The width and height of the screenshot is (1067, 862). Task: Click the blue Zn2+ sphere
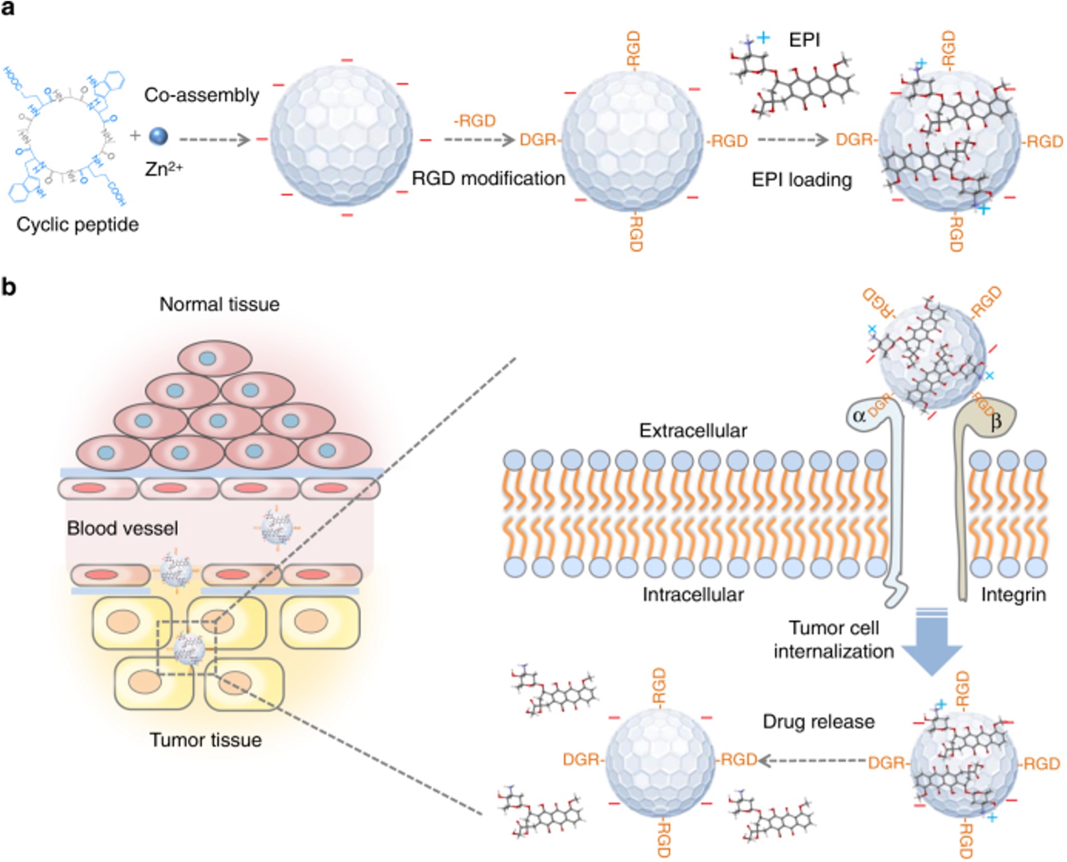coord(158,136)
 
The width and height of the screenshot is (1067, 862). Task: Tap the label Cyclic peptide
coord(77,224)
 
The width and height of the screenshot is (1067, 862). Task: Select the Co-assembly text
coord(201,95)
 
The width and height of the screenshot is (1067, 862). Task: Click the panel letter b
coord(8,287)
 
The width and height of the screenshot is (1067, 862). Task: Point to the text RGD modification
coord(488,178)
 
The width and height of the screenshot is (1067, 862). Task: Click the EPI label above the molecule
coord(804,40)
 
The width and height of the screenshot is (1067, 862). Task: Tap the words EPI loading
coord(801,180)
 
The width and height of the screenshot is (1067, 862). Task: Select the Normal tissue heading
coord(219,304)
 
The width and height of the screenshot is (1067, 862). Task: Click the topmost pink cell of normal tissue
coord(215,358)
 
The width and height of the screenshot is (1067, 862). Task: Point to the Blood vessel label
coord(122,528)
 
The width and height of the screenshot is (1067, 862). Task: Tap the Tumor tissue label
coord(205,740)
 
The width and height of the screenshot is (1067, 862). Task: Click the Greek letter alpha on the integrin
coord(859,416)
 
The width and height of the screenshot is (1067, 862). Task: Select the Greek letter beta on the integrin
coord(995,421)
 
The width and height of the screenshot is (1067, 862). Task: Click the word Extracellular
coord(693,430)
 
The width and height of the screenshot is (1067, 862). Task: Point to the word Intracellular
coord(692,594)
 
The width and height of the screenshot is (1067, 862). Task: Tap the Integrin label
coord(1013,594)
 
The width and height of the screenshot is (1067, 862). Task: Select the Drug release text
coord(818,722)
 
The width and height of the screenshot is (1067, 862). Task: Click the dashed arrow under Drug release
coord(811,760)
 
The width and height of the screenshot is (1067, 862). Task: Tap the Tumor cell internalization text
coord(833,639)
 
